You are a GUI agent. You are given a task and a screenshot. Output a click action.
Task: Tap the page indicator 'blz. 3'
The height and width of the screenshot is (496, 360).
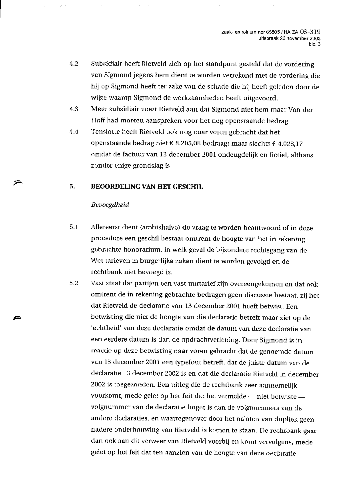coord(314,44)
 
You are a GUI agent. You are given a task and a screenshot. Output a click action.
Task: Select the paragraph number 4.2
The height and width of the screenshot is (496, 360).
coord(73,64)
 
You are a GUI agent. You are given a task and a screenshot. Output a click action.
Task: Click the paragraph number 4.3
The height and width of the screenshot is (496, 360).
coord(73,109)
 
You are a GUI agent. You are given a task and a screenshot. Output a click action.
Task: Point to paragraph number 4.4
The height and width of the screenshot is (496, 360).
coord(73,132)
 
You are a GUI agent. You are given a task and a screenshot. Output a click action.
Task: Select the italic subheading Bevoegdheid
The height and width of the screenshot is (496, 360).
coord(110,205)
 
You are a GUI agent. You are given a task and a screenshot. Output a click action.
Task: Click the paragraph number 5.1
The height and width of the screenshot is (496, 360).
coord(73,228)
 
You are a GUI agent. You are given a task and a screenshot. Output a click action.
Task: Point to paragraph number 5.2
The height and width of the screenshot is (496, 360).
coord(73,284)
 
